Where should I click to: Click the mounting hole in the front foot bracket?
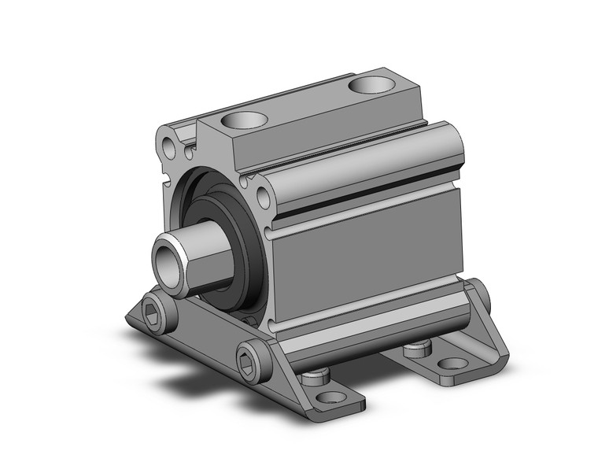331,397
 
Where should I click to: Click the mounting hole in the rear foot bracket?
453,363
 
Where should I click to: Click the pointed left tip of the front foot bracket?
127,319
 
